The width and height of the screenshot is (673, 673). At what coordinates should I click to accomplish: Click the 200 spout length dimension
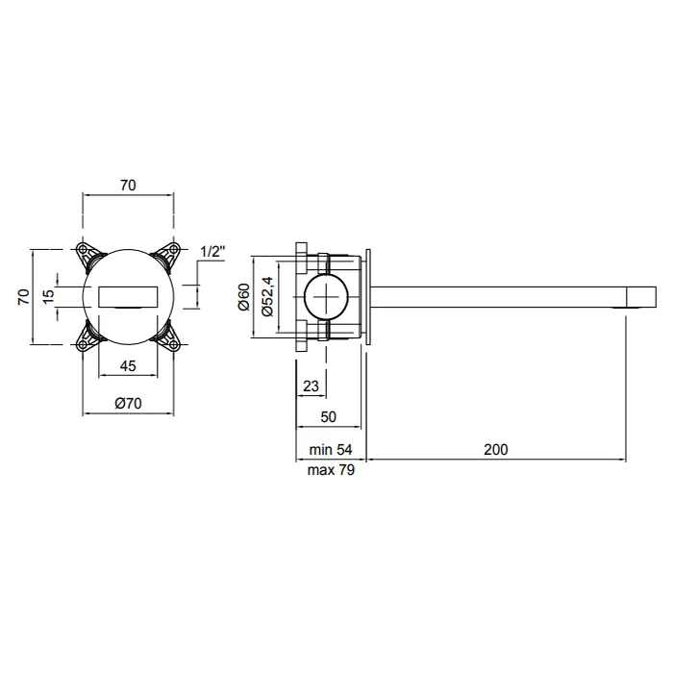click(496, 449)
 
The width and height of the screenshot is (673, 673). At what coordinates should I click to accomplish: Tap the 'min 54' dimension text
click(331, 449)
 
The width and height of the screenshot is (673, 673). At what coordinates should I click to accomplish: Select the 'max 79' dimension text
click(331, 470)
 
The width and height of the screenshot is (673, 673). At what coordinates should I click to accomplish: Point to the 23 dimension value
click(311, 386)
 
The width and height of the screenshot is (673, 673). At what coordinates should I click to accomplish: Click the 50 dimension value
click(329, 416)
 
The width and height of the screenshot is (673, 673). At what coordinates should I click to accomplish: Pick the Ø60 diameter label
click(243, 296)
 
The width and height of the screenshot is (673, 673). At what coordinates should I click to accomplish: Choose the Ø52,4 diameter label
click(267, 296)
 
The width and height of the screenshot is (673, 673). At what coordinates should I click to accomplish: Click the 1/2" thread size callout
click(212, 252)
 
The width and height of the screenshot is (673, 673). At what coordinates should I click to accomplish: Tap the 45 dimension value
click(128, 366)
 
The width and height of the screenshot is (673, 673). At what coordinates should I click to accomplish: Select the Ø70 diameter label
click(128, 403)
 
